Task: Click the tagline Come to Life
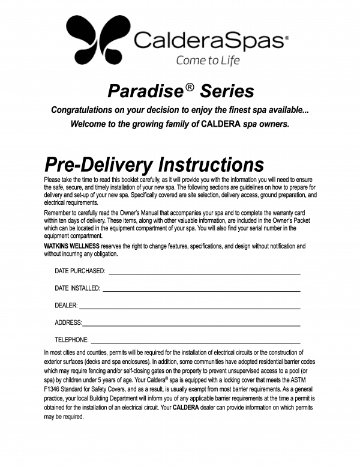click(x=207, y=60)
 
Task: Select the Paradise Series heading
click(x=180, y=91)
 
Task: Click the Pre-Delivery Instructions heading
click(x=154, y=165)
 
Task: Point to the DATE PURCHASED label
click(x=80, y=271)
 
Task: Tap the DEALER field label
click(x=66, y=306)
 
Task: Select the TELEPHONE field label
click(x=71, y=340)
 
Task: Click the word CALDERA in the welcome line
click(x=223, y=125)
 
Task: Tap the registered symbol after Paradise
click(x=190, y=86)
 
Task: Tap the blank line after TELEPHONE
click(x=195, y=340)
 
